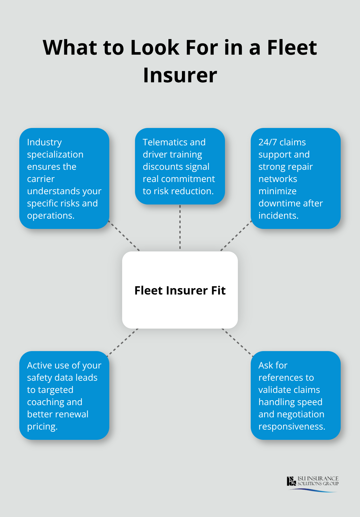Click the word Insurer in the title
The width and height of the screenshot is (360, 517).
pos(180,75)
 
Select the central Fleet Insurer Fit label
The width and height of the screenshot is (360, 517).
pos(180,290)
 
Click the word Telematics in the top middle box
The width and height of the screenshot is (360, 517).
pos(165,142)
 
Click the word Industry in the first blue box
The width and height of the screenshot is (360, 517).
pos(44,142)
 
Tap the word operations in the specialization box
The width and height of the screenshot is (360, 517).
pos(50,215)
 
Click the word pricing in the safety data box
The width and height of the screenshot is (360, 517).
pos(42,427)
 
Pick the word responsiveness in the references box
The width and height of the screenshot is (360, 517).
pos(291,426)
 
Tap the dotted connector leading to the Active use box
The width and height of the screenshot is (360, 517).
pos(123,342)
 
